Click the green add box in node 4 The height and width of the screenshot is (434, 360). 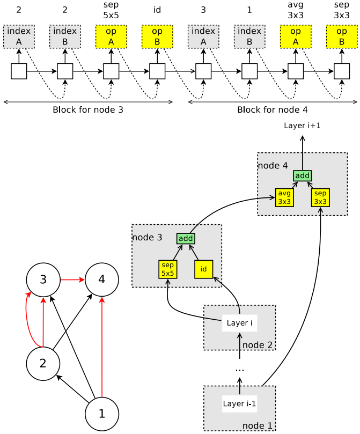click(303, 176)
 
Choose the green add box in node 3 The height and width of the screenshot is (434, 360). click(186, 238)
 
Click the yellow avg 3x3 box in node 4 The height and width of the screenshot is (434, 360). click(284, 197)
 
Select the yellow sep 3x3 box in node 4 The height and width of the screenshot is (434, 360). click(320, 197)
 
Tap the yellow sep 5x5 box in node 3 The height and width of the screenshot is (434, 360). click(168, 269)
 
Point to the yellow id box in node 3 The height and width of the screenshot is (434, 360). click(204, 269)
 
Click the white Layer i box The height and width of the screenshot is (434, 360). click(240, 323)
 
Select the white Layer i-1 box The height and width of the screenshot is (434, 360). click(240, 404)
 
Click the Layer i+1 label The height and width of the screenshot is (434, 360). click(302, 126)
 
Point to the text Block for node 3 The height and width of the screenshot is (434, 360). click(88, 110)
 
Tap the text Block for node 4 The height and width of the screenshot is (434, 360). click(273, 110)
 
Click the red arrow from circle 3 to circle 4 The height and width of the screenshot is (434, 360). click(72, 280)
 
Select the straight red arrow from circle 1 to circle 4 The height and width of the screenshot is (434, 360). click(102, 347)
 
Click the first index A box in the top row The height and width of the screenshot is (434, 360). click(19, 36)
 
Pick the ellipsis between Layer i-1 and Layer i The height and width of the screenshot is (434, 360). click(240, 370)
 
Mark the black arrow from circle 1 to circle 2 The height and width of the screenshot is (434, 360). click(73, 388)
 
